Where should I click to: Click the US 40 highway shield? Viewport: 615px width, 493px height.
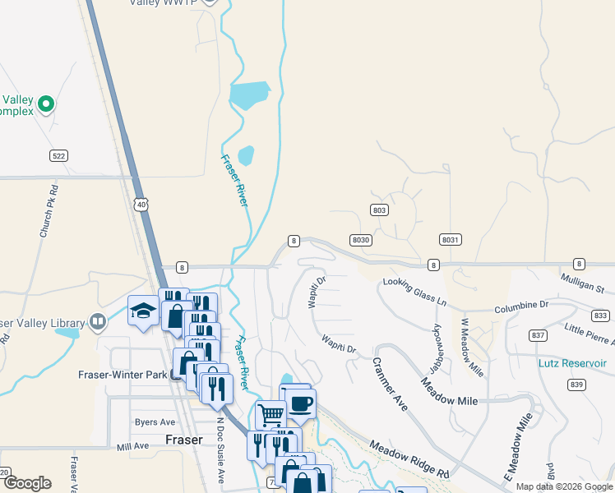[142, 203]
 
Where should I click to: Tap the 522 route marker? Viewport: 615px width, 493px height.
[58, 155]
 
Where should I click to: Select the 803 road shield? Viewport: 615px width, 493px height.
[379, 210]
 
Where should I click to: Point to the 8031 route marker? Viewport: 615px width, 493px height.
[449, 239]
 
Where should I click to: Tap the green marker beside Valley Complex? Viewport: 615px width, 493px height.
[47, 104]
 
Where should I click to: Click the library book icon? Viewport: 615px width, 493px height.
[99, 320]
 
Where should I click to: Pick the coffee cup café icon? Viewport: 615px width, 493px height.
[302, 403]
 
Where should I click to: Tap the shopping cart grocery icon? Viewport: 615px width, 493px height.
[271, 414]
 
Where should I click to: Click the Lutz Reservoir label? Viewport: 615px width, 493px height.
[572, 363]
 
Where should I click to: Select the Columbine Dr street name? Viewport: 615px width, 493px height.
[521, 306]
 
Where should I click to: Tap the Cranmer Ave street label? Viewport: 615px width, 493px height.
[390, 383]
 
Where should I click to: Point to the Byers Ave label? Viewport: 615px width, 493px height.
[155, 422]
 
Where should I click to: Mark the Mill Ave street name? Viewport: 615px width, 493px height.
[132, 446]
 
